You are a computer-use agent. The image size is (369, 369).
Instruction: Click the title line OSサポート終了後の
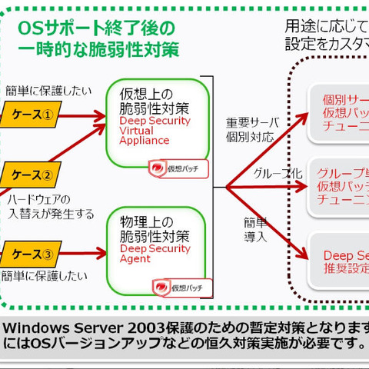pyautogui.click(x=96, y=29)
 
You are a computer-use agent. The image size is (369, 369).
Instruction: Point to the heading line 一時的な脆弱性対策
pyautogui.click(x=98, y=50)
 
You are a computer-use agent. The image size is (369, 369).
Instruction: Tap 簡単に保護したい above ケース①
pyautogui.click(x=45, y=90)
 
